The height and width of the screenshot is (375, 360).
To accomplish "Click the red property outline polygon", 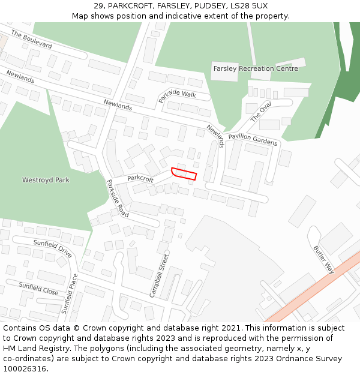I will click(x=184, y=173).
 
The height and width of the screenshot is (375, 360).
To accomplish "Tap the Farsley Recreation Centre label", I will click(x=256, y=68).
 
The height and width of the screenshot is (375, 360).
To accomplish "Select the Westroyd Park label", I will click(x=46, y=180).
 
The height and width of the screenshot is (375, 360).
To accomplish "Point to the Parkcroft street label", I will click(x=140, y=178).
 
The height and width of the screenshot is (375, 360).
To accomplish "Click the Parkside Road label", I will click(x=118, y=198).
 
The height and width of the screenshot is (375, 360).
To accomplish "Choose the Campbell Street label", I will click(x=160, y=275).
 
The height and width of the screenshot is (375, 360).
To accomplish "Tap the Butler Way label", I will click(x=323, y=259).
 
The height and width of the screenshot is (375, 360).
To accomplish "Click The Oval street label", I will click(x=261, y=112).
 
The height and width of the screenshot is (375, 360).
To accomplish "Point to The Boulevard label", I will click(x=31, y=40).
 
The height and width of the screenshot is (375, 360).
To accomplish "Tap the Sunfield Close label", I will click(x=38, y=289).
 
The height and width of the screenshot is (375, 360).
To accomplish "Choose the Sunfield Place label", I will click(x=70, y=293).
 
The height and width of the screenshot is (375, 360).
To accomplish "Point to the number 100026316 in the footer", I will click(x=26, y=368).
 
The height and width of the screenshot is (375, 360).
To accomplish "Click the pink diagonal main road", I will click(x=312, y=288).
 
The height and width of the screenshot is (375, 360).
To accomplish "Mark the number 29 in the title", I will click(x=98, y=6).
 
